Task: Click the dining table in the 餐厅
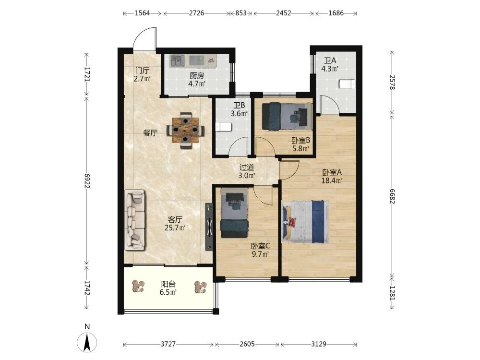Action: click(185, 130)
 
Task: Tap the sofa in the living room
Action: click(135, 219)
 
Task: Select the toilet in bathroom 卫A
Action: click(347, 84)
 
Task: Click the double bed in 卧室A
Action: click(305, 221)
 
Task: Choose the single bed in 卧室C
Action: click(234, 213)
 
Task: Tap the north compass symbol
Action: click(87, 338)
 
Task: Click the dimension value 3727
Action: click(168, 344)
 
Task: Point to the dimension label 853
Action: click(241, 13)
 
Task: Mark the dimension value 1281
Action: click(392, 293)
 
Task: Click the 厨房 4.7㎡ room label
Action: click(196, 79)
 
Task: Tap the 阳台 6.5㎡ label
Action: click(168, 288)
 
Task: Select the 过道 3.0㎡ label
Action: click(247, 171)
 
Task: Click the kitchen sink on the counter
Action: click(177, 60)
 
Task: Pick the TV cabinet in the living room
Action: click(209, 227)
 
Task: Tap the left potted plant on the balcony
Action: click(138, 286)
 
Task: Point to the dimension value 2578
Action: click(392, 83)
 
